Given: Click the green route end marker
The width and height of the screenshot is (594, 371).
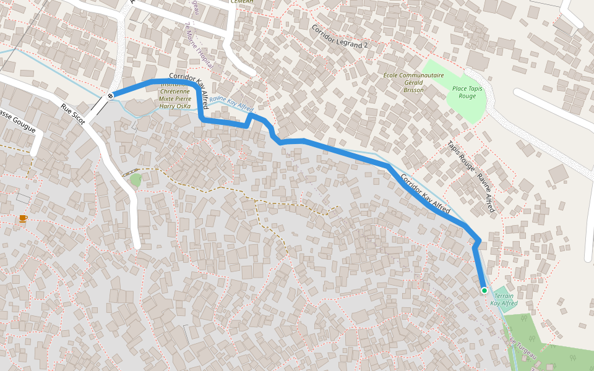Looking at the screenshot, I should click(484, 290).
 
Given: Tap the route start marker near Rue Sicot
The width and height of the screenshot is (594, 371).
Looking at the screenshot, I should click(110, 95).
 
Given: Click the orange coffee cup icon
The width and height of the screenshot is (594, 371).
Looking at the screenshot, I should click(23, 218).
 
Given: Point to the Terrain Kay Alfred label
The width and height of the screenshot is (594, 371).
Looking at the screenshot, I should click(504, 300).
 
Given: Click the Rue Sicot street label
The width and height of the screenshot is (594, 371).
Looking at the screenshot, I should click(72, 115).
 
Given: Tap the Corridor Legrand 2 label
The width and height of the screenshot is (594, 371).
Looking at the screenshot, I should click(339, 37).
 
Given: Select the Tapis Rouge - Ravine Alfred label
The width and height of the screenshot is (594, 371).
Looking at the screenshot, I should click(471, 177).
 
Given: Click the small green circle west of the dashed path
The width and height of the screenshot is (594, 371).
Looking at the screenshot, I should click(136, 179).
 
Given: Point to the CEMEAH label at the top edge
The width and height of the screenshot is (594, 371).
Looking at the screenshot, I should click(241, 2).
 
